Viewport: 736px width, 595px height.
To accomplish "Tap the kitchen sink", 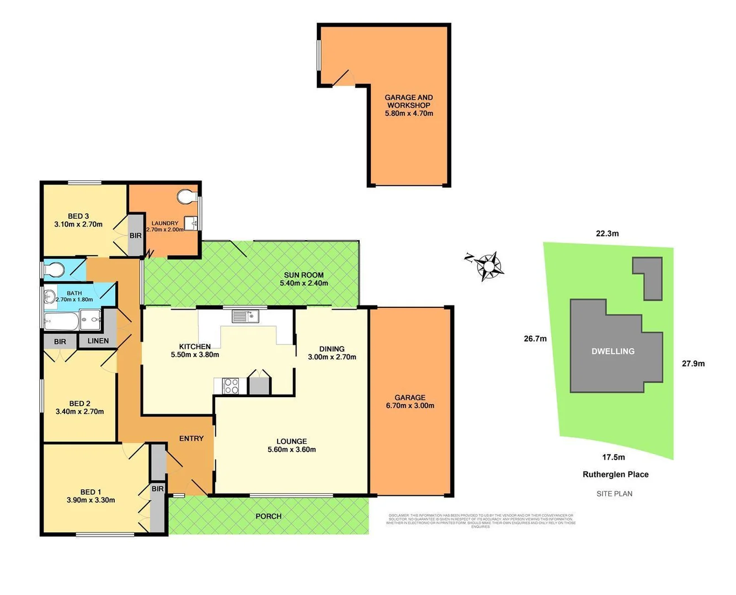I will pos(246,316).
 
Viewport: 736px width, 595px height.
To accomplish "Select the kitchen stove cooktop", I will pos(231,386).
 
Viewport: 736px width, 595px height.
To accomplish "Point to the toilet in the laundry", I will pos(187,197).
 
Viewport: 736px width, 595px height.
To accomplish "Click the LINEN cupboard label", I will pos(98,340).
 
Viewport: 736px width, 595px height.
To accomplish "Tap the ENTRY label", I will pos(191,439).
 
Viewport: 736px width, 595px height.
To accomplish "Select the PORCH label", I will pos(269,516).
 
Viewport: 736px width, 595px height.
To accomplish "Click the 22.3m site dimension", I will pos(607,234).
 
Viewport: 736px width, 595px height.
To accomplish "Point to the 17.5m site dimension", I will pos(614,457).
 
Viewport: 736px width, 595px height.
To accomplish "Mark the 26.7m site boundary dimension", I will pos(535,339).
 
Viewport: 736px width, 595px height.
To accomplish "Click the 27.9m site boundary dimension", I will pos(693,364).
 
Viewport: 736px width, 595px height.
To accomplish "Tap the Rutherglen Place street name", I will pos(616,474).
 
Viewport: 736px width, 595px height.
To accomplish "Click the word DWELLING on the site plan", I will pos(613,351).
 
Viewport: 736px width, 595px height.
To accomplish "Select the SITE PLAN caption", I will pos(614,494).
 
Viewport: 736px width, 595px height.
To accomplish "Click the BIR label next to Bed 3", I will pos(136,235).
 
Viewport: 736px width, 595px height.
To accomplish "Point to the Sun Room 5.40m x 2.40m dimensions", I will pos(304,283).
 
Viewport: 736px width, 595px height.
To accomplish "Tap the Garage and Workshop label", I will pos(409,101).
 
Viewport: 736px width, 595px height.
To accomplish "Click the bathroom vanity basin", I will pos(49,296).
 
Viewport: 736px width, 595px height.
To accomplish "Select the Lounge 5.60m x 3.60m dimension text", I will pos(292,450).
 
